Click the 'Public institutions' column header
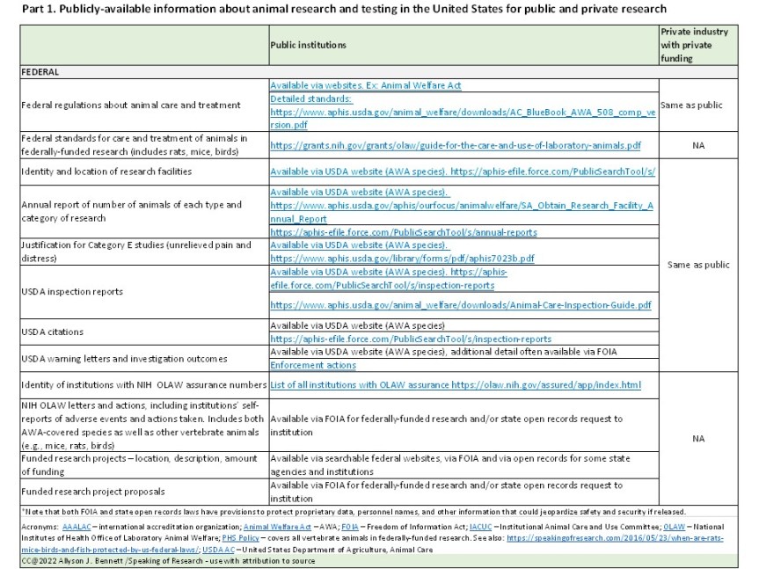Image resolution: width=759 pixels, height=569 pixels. (x=308, y=44)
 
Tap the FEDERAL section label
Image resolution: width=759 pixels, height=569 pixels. (x=40, y=73)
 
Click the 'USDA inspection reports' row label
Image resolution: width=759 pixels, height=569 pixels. (x=72, y=290)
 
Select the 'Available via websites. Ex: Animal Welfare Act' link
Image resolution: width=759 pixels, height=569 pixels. (x=365, y=85)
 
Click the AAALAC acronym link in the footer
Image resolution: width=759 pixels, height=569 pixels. (x=77, y=526)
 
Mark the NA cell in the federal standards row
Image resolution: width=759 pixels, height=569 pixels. (x=698, y=145)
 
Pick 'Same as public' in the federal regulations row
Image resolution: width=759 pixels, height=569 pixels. (x=698, y=105)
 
